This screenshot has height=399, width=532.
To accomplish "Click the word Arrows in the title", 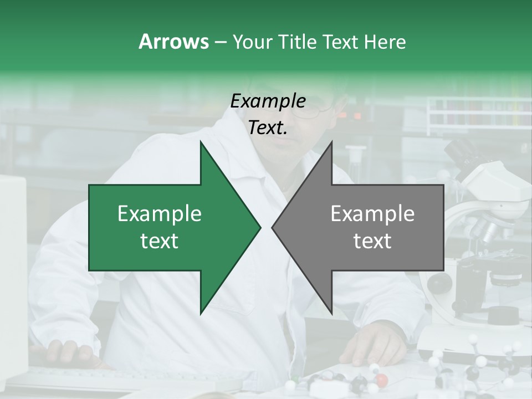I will (173, 42).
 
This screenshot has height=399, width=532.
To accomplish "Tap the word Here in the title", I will (385, 42).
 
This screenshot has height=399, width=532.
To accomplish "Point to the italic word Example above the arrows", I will (268, 101).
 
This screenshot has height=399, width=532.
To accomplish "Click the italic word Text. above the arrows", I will (268, 128).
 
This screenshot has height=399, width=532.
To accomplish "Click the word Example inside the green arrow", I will (160, 214).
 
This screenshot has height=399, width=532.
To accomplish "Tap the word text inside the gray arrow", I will (372, 241).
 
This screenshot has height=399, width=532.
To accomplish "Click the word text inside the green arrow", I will (160, 241).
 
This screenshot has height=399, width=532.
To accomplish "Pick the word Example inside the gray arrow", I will (372, 214).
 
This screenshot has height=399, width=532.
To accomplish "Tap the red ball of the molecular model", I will (381, 380).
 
